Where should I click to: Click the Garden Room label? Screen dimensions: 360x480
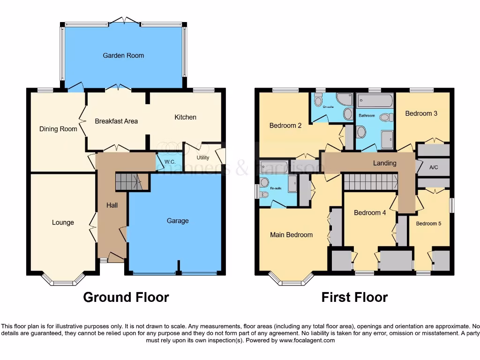click(x=123, y=55)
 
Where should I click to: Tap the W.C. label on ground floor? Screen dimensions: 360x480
click(x=170, y=162)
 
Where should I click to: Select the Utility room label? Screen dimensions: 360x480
click(x=202, y=158)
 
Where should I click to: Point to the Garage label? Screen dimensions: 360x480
click(x=178, y=221)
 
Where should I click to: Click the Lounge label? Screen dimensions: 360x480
click(x=63, y=222)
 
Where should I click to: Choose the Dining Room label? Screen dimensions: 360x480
click(x=58, y=129)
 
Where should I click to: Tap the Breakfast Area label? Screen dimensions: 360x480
click(x=116, y=121)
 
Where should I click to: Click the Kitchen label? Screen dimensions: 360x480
click(x=185, y=117)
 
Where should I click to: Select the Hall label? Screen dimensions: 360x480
click(x=112, y=205)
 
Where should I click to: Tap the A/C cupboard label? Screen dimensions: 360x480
click(x=434, y=167)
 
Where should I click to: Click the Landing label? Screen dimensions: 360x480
click(x=384, y=163)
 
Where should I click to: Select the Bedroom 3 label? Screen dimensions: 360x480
click(x=421, y=113)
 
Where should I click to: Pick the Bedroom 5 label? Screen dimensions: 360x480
click(x=428, y=224)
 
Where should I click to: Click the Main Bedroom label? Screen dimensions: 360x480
click(x=291, y=235)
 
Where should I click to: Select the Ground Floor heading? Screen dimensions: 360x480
click(x=126, y=297)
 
